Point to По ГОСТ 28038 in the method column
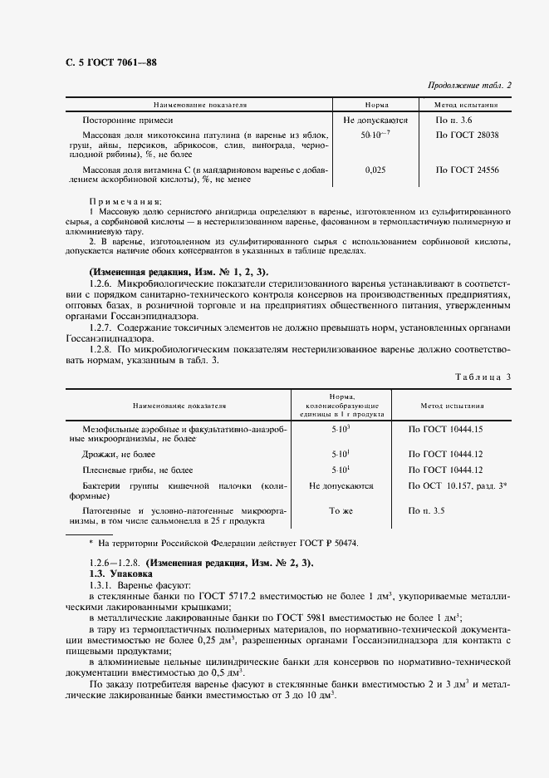pos(467,134)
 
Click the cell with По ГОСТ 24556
pos(467,170)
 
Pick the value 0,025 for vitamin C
pos(375,170)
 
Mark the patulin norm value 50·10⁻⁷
pos(375,134)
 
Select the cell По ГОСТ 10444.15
pos(445,429)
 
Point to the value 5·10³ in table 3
pos(341,429)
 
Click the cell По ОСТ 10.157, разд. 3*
pos(458,485)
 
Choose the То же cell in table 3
pos(341,510)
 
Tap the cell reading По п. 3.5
pos(427,510)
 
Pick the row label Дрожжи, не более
pos(119,454)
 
